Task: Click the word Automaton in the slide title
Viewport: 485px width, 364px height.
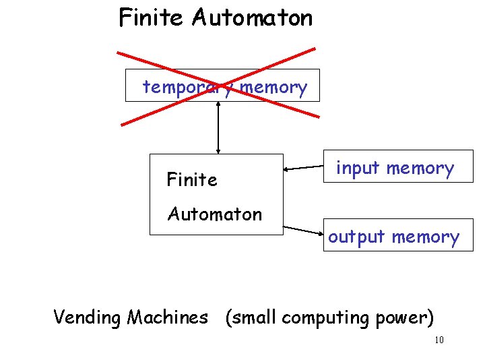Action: click(252, 18)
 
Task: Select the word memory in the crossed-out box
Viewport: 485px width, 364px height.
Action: click(273, 87)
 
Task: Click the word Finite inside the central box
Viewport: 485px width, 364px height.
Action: click(192, 180)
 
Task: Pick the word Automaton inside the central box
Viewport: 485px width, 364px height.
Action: click(215, 214)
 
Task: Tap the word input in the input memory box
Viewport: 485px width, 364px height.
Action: click(357, 168)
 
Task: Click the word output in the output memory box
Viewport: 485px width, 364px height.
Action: click(356, 237)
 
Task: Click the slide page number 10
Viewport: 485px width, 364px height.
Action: click(439, 340)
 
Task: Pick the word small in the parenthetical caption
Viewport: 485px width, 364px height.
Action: click(253, 317)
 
